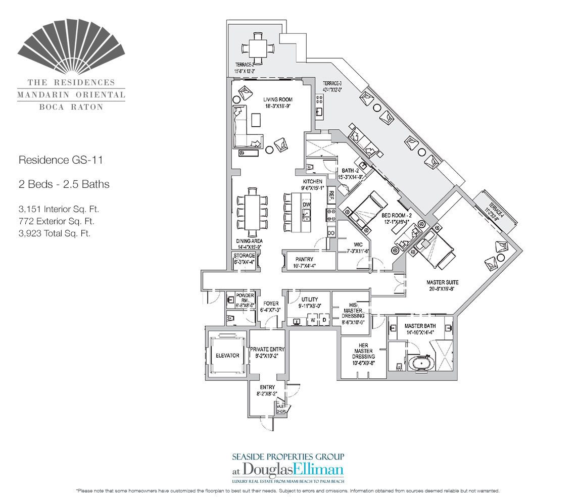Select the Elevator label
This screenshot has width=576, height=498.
[x=227, y=356]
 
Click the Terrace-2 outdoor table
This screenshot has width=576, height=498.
[x=258, y=48]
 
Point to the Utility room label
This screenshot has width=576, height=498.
[x=308, y=300]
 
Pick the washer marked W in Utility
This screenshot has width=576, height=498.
[x=313, y=320]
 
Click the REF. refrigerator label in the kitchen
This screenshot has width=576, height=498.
[x=332, y=193]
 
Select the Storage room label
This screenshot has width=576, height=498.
[x=245, y=256]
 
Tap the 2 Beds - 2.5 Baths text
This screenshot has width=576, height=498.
[x=64, y=184]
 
